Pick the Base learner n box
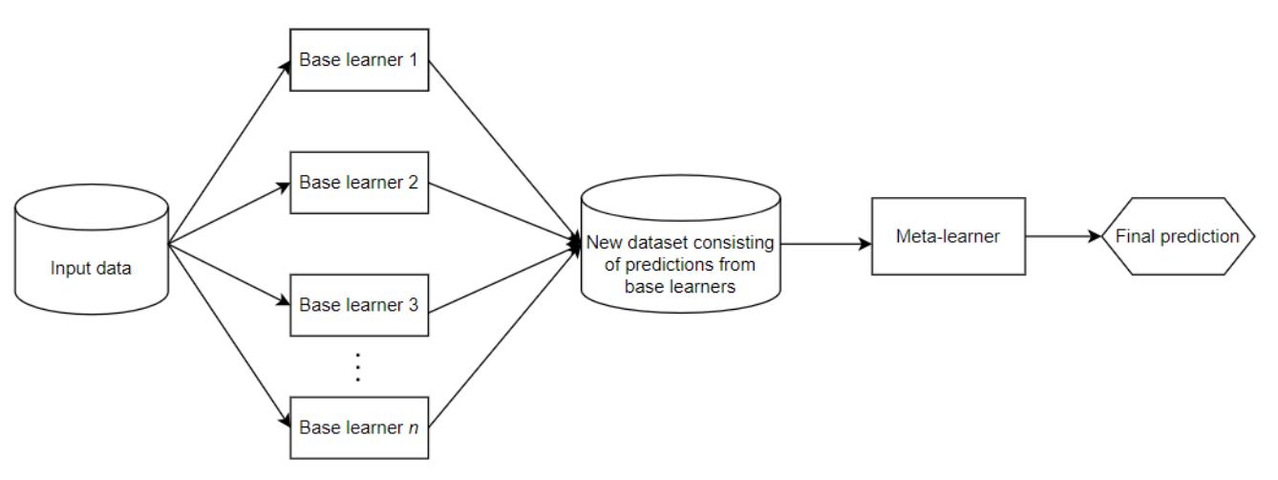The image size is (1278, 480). coord(359,426)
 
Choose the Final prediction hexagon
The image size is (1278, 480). coord(1177,235)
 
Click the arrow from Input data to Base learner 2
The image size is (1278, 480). coord(229,211)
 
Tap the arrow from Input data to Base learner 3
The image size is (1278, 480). coord(229,274)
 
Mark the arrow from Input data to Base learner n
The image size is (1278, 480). coord(229,334)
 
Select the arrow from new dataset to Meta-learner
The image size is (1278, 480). coord(826,243)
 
